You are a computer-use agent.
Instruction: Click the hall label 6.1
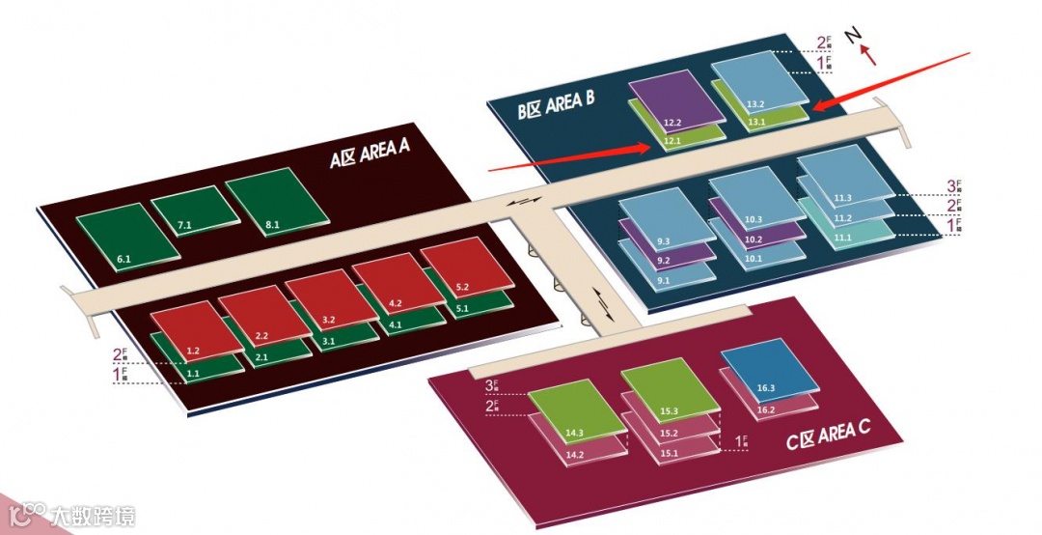pyautogui.click(x=123, y=260)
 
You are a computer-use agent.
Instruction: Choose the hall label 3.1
pyautogui.click(x=328, y=342)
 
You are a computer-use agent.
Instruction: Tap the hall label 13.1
pyautogui.click(x=756, y=123)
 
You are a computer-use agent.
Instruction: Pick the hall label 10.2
pyautogui.click(x=754, y=239)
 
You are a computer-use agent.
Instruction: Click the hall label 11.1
pyautogui.click(x=842, y=238)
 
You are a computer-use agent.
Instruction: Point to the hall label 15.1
pyautogui.click(x=670, y=452)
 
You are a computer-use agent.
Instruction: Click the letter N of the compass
pyautogui.click(x=853, y=36)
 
